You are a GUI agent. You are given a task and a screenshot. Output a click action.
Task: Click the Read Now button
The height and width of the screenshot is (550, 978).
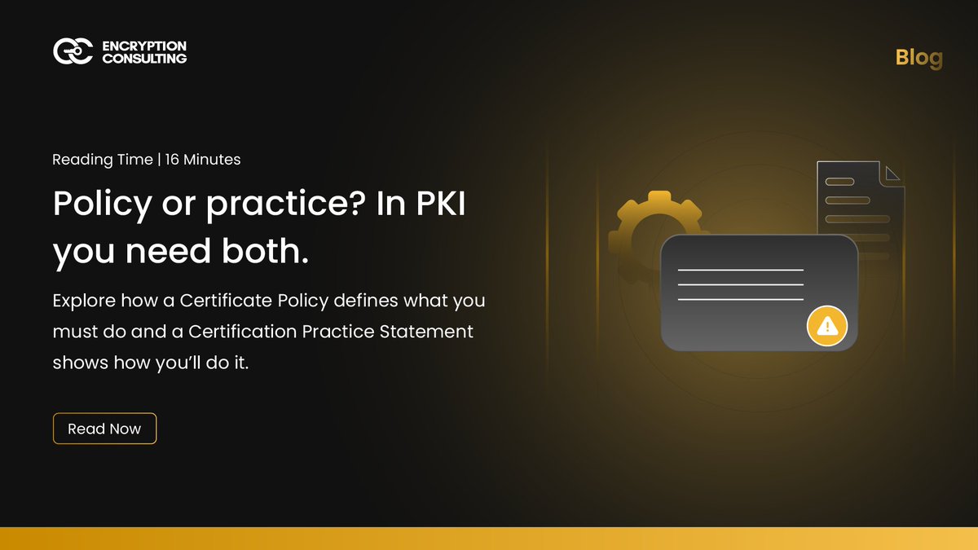104,429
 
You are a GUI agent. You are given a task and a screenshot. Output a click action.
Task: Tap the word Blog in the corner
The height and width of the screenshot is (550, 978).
919,58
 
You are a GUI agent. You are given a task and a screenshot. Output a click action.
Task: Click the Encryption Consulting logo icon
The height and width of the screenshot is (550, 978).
73,51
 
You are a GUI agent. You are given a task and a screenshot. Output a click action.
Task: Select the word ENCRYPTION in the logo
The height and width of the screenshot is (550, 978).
144,46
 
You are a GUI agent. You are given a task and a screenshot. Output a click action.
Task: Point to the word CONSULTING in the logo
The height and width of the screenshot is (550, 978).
144,59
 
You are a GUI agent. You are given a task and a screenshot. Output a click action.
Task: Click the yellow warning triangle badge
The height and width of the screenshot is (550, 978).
827,327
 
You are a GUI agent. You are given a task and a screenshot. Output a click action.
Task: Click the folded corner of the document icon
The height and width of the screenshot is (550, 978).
893,173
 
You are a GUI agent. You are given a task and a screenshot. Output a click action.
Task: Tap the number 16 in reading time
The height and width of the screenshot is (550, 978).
172,160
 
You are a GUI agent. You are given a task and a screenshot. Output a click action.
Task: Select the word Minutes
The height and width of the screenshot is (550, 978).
212,160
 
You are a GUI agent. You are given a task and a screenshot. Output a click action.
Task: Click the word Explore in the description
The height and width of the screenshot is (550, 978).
83,301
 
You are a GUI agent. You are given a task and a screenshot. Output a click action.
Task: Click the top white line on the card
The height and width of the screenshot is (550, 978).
740,270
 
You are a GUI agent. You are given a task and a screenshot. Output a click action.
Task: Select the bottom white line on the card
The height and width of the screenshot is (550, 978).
740,300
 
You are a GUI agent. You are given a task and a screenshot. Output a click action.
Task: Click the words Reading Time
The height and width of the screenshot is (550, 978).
102,160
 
